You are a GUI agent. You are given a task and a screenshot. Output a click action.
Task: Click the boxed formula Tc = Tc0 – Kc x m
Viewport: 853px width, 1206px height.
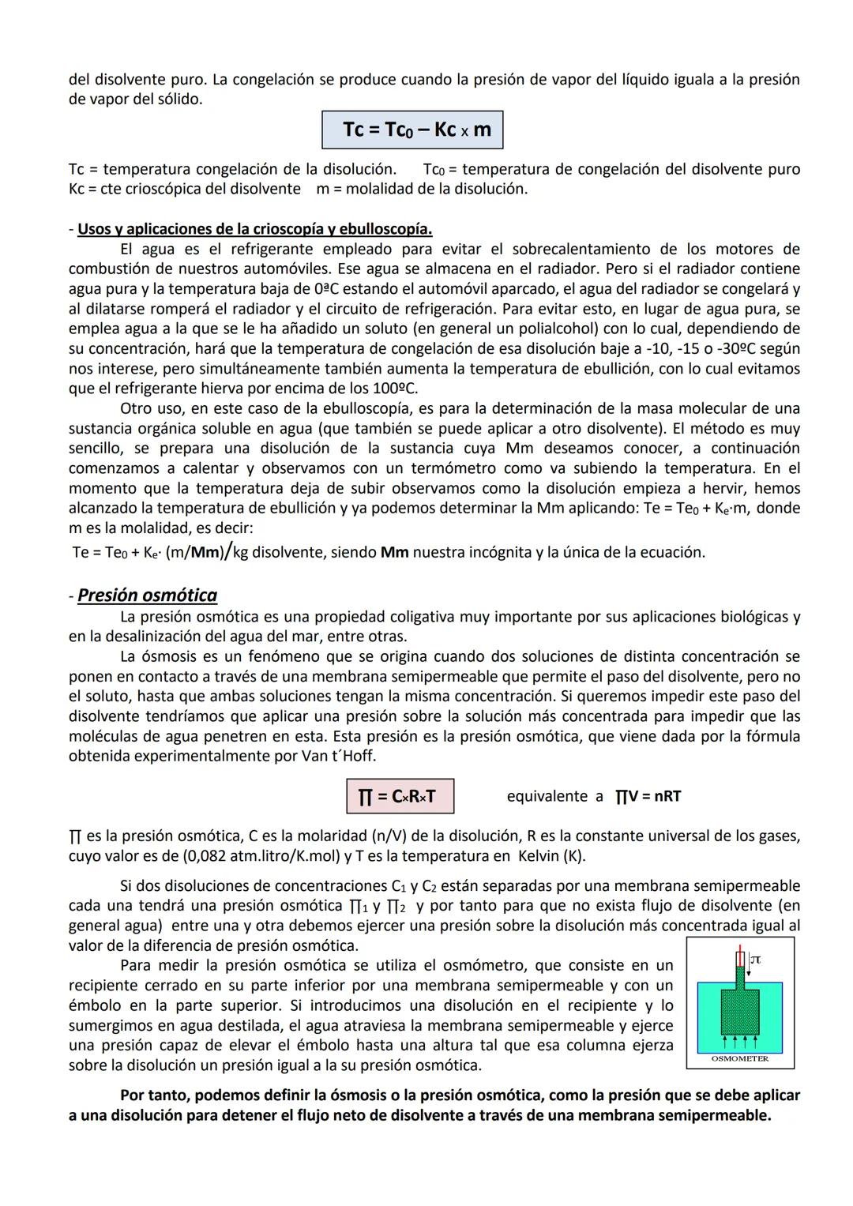(412, 130)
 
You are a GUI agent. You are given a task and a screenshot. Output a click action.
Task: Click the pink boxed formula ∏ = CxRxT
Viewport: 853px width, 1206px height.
(400, 796)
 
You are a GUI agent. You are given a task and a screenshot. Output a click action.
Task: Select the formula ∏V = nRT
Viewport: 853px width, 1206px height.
(648, 796)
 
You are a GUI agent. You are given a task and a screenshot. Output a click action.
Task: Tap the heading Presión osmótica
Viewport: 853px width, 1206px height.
(147, 595)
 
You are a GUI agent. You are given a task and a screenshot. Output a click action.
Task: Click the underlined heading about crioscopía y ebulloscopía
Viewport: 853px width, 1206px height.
(254, 229)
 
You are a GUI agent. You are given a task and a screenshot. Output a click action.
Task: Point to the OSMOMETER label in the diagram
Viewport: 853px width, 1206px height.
(740, 1059)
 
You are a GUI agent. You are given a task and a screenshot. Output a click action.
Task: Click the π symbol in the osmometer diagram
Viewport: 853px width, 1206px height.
(755, 960)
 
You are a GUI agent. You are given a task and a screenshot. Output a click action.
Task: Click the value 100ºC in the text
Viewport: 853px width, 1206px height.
(394, 389)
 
